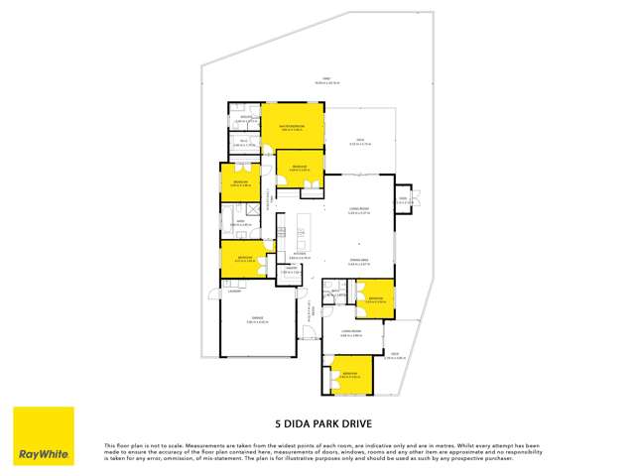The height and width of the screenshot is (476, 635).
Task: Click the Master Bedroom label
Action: coord(292,127)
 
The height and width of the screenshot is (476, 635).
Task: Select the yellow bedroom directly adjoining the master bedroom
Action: coord(299,169)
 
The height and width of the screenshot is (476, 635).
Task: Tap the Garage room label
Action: coord(258,319)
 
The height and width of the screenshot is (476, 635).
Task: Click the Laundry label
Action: coord(234,291)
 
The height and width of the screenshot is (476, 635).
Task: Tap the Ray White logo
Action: coord(43,436)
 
